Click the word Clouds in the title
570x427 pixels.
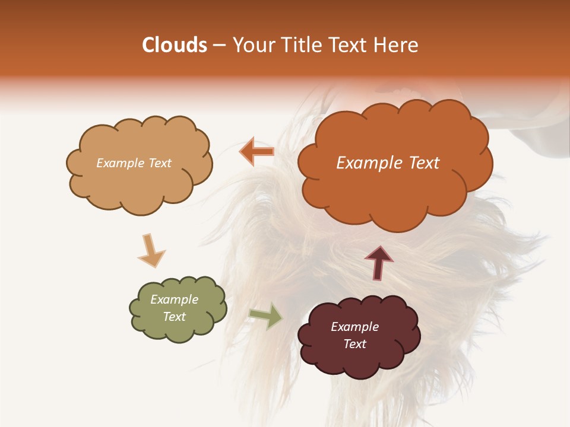coord(175,45)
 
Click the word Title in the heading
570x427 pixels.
coord(300,45)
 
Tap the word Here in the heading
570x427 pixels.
coord(397,45)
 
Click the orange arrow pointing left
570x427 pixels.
coord(256,152)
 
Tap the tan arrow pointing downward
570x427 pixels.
coord(151,250)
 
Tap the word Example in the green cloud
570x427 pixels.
coord(174,299)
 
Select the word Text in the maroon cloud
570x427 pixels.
coord(354,344)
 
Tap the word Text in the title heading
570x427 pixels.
coord(350,45)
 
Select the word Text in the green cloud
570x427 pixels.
coord(174,317)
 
